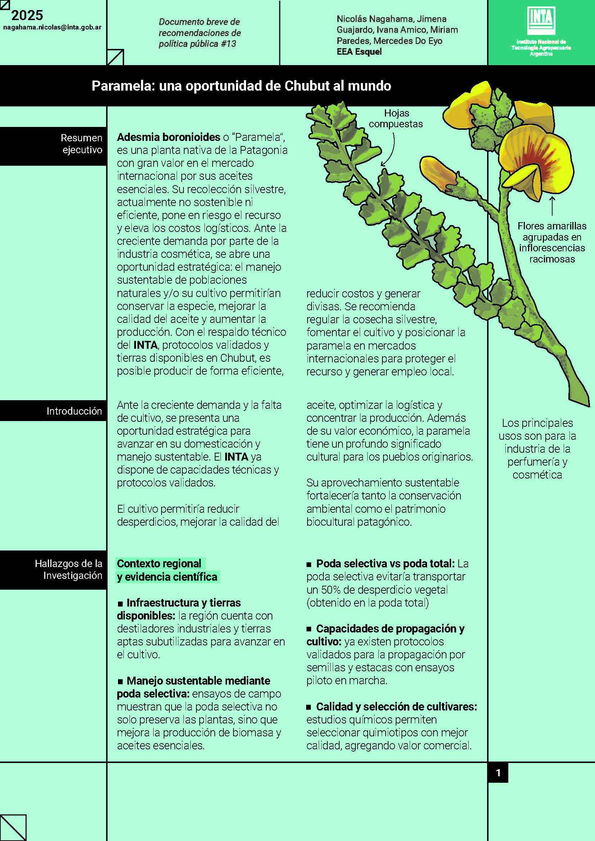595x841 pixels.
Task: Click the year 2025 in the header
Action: coord(27,15)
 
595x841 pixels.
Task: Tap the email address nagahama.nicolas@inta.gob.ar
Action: coord(53,27)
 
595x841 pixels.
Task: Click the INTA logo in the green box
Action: coord(541,20)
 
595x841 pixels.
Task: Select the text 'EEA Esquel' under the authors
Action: coord(359,52)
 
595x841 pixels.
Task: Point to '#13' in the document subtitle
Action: coord(228,44)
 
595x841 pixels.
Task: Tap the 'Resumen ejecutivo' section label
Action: coord(81,143)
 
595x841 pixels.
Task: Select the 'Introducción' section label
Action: coord(74,411)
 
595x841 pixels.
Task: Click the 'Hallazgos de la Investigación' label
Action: coord(68,569)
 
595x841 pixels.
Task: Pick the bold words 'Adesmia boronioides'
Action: coord(168,137)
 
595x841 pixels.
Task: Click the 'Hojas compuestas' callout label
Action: coord(396,118)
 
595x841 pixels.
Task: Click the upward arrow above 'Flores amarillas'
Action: coord(552,206)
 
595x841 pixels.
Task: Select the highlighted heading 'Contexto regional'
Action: coord(159,563)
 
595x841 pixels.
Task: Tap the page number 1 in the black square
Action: coord(498,773)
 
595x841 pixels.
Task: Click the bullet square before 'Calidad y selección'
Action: coord(309,707)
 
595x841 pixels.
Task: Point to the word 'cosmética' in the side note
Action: coord(537,475)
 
